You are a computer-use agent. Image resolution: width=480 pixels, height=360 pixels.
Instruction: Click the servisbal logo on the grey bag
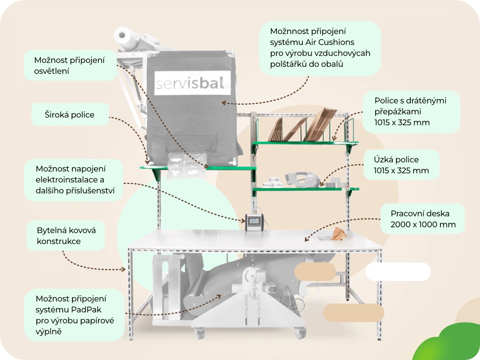(192, 83)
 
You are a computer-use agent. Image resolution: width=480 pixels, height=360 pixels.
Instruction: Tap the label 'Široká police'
(70, 115)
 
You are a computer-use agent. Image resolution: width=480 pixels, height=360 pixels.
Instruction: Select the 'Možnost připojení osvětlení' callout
(70, 66)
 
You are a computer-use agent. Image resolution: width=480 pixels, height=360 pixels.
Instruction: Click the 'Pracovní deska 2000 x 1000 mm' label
(423, 219)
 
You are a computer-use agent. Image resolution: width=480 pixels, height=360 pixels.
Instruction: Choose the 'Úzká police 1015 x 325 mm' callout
(401, 165)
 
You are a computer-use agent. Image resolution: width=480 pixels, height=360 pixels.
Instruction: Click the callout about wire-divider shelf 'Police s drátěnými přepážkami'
(411, 112)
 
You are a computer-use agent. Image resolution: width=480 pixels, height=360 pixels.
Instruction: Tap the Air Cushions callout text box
(320, 48)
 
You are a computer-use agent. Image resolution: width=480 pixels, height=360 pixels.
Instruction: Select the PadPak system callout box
(74, 315)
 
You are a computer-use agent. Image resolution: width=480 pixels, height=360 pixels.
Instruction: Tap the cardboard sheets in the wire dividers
(304, 126)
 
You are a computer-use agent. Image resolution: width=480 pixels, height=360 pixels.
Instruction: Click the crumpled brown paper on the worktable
(338, 234)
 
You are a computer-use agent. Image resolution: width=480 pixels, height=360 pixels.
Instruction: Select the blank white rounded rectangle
(398, 272)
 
